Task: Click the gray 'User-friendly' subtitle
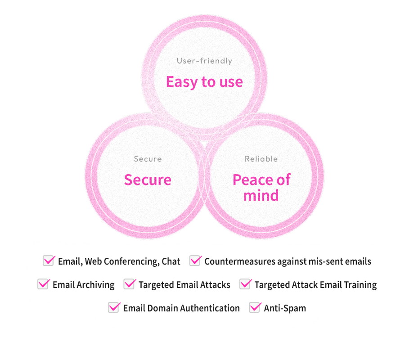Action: click(x=204, y=61)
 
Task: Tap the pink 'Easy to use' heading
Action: click(x=204, y=82)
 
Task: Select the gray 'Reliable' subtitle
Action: click(x=261, y=159)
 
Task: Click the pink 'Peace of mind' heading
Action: click(x=261, y=188)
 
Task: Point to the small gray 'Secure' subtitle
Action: click(x=148, y=159)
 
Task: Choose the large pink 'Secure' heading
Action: click(x=148, y=180)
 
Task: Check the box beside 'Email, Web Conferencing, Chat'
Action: click(x=49, y=261)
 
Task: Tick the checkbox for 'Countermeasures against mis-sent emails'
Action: click(x=195, y=261)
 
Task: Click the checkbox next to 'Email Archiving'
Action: click(x=43, y=284)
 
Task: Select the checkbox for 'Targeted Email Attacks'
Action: click(x=129, y=284)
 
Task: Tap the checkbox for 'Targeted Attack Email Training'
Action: click(x=245, y=284)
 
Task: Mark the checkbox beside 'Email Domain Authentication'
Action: click(x=114, y=307)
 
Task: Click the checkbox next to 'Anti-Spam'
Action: click(x=255, y=307)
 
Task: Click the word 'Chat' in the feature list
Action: click(x=171, y=261)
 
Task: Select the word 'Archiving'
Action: click(x=96, y=285)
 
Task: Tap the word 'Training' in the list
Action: click(x=359, y=285)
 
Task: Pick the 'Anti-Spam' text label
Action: click(x=285, y=308)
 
